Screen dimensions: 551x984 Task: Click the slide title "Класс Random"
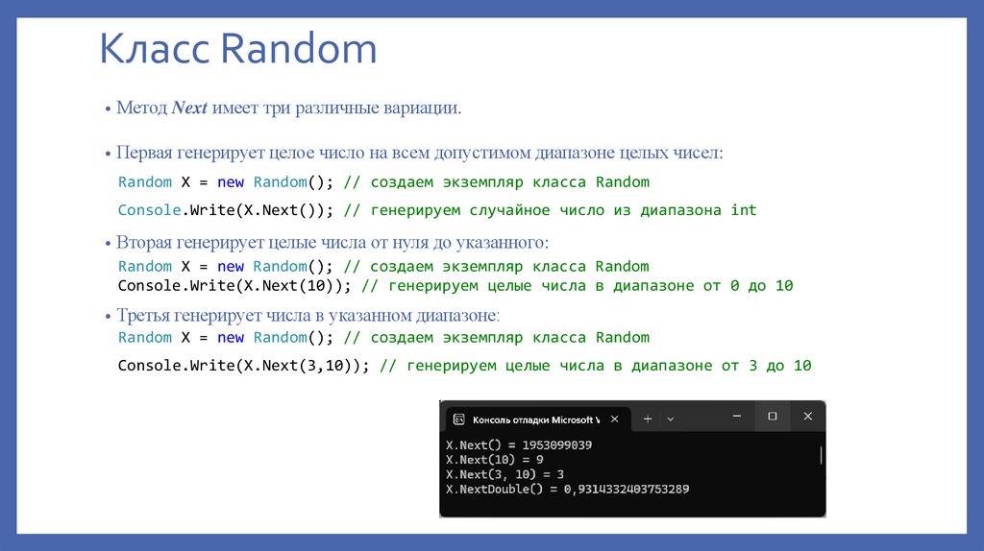tap(238, 50)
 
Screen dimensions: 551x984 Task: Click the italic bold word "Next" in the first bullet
tap(190, 108)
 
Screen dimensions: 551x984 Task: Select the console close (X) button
tap(807, 417)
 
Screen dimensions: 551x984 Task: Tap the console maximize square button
tap(772, 417)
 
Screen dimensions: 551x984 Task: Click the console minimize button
tap(736, 417)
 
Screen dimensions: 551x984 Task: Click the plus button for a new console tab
tap(648, 419)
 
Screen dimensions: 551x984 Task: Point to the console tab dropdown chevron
tap(671, 419)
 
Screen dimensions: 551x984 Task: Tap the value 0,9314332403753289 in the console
tap(626, 489)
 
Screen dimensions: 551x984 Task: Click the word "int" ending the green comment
tap(743, 210)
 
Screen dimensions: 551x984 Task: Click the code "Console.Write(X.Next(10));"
tap(235, 286)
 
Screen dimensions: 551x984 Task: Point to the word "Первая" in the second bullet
tap(143, 154)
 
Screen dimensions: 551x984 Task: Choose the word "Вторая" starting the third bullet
tap(143, 242)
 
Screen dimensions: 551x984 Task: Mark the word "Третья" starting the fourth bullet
tap(142, 315)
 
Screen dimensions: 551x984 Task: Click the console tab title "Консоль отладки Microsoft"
tap(534, 419)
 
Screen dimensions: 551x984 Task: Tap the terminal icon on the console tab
tap(459, 419)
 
